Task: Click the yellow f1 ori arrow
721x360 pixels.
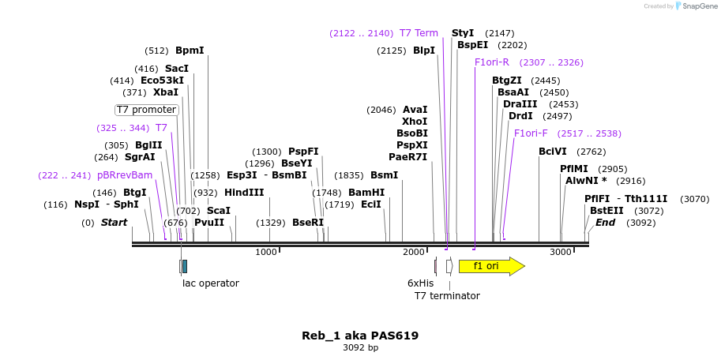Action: pyautogui.click(x=490, y=266)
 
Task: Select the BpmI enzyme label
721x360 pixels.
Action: pyautogui.click(x=190, y=51)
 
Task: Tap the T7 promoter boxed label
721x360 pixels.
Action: pyautogui.click(x=147, y=110)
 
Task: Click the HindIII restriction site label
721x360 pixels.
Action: pyautogui.click(x=244, y=193)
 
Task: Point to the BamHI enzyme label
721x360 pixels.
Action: pyautogui.click(x=366, y=193)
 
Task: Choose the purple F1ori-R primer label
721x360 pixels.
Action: pyautogui.click(x=492, y=62)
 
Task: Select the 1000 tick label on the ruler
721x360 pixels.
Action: pyautogui.click(x=266, y=252)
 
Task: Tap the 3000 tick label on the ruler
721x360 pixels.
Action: pyautogui.click(x=560, y=252)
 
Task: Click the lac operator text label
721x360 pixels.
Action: pyautogui.click(x=211, y=283)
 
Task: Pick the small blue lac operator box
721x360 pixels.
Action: pyautogui.click(x=184, y=266)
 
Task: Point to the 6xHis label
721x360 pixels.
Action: pyautogui.click(x=420, y=283)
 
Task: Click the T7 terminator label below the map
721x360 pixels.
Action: pyautogui.click(x=447, y=296)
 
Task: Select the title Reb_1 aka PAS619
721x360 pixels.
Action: pyautogui.click(x=360, y=336)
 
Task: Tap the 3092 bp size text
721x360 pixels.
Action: pyautogui.click(x=360, y=347)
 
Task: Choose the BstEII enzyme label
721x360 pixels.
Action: pyautogui.click(x=605, y=211)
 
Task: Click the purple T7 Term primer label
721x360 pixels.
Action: pyautogui.click(x=419, y=33)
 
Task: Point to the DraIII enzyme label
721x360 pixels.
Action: pyautogui.click(x=520, y=104)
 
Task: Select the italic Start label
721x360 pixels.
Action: pyautogui.click(x=114, y=223)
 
